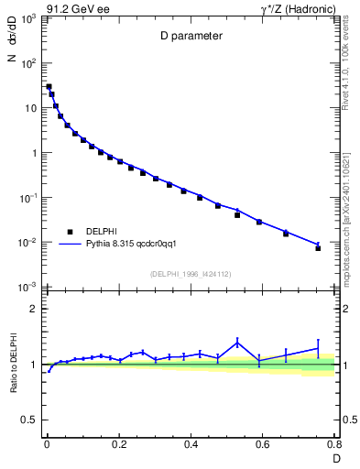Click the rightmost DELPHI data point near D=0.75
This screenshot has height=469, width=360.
point(318,247)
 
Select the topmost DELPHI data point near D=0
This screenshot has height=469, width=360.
point(49,86)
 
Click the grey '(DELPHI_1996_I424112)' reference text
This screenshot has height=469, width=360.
point(191,272)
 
